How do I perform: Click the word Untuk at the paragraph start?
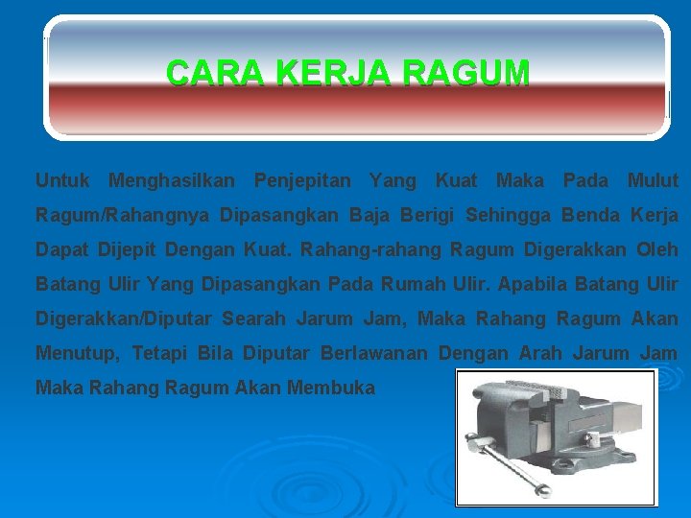point(62,180)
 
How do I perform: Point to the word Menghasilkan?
point(172,180)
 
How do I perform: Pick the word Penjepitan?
point(301,180)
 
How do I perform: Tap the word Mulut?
point(653,180)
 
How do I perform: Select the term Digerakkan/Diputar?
point(123,319)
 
